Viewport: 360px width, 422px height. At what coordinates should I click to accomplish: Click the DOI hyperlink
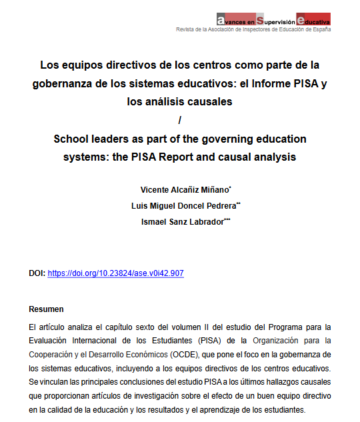115,273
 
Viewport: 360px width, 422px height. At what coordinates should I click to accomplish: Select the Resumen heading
47,309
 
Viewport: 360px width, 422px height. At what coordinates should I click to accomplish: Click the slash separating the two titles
180,121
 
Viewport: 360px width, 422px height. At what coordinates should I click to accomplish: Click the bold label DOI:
37,273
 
